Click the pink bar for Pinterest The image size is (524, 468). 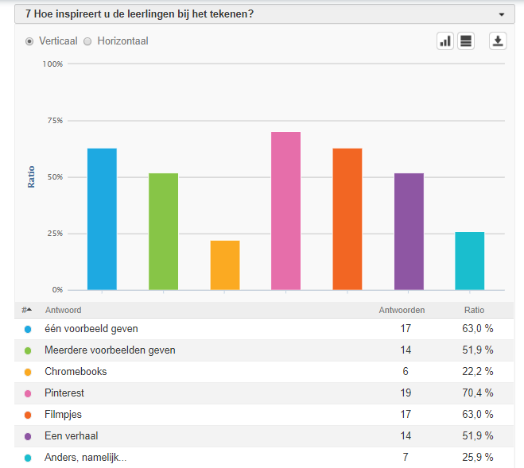tap(285, 211)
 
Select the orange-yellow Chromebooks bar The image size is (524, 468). tap(225, 265)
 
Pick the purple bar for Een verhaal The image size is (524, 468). tap(409, 231)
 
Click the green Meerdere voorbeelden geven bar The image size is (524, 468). tap(163, 231)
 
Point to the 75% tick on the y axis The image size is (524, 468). tap(54, 121)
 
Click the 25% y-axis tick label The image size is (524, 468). tap(54, 234)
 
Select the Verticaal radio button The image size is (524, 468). tap(30, 41)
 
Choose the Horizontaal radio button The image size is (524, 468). tap(88, 41)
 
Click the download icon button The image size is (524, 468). tap(498, 41)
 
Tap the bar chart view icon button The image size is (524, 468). tap(445, 41)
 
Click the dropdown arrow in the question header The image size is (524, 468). tap(501, 14)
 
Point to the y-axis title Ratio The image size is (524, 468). tap(32, 176)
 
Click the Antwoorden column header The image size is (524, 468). tap(401, 310)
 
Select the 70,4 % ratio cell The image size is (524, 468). tap(479, 393)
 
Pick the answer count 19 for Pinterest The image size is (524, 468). tap(406, 393)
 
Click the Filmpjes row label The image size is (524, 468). tap(64, 415)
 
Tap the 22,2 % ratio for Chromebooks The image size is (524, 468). tap(479, 372)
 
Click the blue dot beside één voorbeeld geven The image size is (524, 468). tap(28, 329)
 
